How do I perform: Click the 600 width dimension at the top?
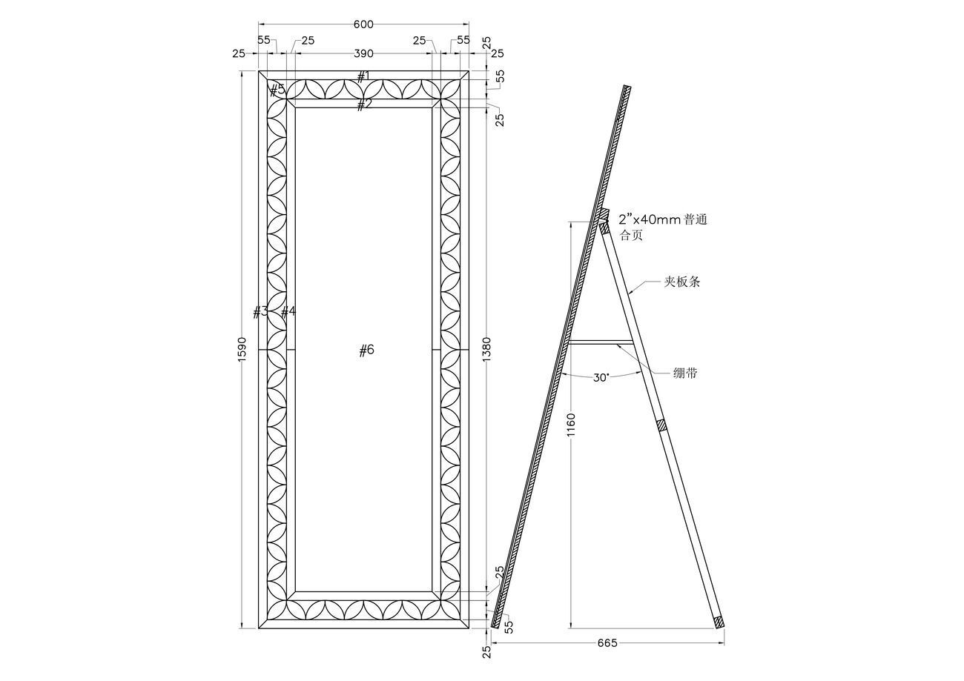click(x=363, y=24)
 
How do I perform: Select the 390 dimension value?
click(x=363, y=53)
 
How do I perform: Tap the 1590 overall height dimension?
click(x=242, y=350)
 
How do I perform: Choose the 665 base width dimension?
click(x=607, y=642)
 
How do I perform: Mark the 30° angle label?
click(x=601, y=377)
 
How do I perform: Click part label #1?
click(x=363, y=76)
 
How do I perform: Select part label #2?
click(x=363, y=104)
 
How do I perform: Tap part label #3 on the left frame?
click(x=260, y=312)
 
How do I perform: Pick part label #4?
click(x=288, y=312)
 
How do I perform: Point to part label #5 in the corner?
click(x=277, y=90)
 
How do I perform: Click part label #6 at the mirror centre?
click(x=366, y=351)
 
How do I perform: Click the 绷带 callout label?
click(x=684, y=373)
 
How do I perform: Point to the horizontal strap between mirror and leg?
click(x=601, y=342)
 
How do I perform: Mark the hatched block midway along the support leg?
click(x=662, y=426)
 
